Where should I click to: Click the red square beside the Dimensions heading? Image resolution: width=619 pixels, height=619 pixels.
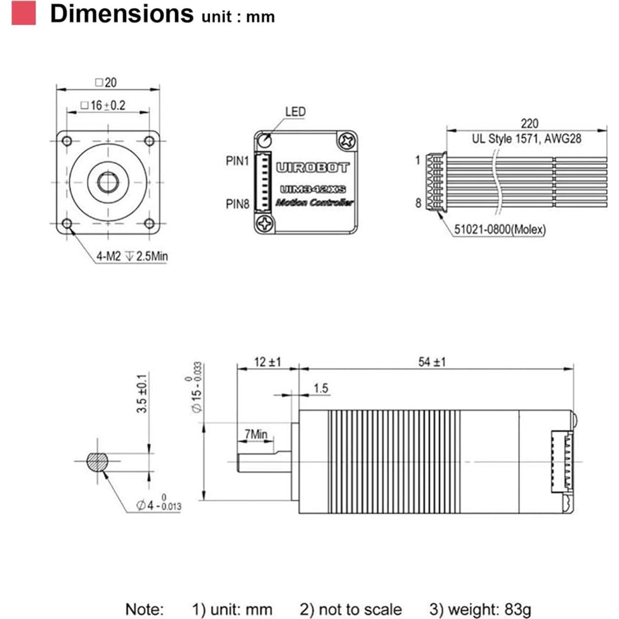click(24, 13)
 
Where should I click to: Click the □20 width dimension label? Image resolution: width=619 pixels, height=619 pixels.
click(106, 83)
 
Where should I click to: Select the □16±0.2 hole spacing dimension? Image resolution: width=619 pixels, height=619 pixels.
click(103, 106)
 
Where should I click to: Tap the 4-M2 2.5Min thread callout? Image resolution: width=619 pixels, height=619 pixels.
click(132, 256)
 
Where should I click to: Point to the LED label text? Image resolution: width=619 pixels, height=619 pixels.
click(295, 112)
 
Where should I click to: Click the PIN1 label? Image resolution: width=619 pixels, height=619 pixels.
click(237, 161)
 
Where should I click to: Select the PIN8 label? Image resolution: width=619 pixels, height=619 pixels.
click(237, 204)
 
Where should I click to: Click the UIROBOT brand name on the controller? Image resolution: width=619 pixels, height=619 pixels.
click(312, 168)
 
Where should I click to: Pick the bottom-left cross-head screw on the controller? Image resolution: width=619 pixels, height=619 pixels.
click(265, 224)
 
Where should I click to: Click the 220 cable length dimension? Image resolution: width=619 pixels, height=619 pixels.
click(529, 123)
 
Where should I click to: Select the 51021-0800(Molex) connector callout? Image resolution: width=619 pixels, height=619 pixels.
click(500, 229)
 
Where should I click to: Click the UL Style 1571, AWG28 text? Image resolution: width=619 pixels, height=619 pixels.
click(526, 139)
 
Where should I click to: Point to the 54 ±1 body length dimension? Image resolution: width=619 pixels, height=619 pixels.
click(432, 362)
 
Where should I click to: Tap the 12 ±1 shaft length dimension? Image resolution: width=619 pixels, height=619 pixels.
click(267, 362)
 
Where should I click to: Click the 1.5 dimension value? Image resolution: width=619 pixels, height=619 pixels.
click(321, 388)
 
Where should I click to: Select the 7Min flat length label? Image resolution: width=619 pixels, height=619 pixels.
click(256, 434)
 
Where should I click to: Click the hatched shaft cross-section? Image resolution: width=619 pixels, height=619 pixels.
click(97, 462)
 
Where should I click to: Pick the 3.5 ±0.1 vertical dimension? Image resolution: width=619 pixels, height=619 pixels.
click(142, 393)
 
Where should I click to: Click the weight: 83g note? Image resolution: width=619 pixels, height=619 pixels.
click(480, 609)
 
